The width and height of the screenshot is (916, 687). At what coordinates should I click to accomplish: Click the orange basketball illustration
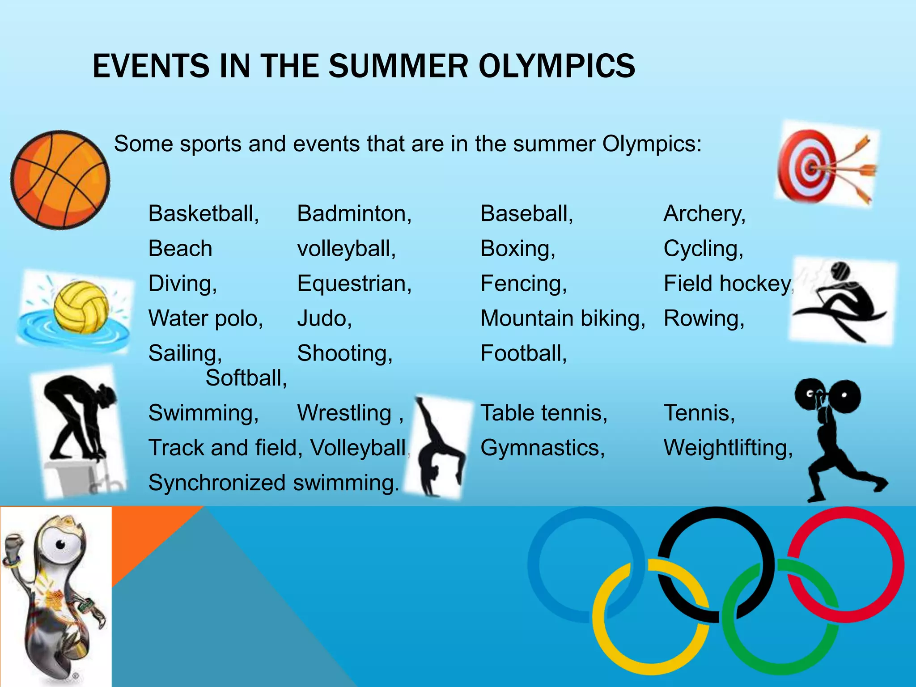[60, 180]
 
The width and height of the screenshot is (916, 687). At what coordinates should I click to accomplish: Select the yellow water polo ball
[81, 307]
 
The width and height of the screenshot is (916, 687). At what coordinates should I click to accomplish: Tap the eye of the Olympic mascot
[60, 544]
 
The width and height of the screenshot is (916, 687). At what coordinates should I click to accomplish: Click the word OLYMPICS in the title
[556, 66]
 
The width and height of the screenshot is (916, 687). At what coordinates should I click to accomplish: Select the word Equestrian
[354, 284]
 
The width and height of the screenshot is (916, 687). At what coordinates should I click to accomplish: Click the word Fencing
[523, 284]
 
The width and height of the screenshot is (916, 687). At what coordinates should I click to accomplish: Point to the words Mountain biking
[563, 318]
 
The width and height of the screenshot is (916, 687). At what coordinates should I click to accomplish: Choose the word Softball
[246, 378]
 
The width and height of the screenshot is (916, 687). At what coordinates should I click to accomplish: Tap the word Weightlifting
[728, 448]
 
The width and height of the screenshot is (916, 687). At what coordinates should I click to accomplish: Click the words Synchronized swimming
[273, 483]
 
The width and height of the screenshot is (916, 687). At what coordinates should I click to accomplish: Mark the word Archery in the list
[704, 213]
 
